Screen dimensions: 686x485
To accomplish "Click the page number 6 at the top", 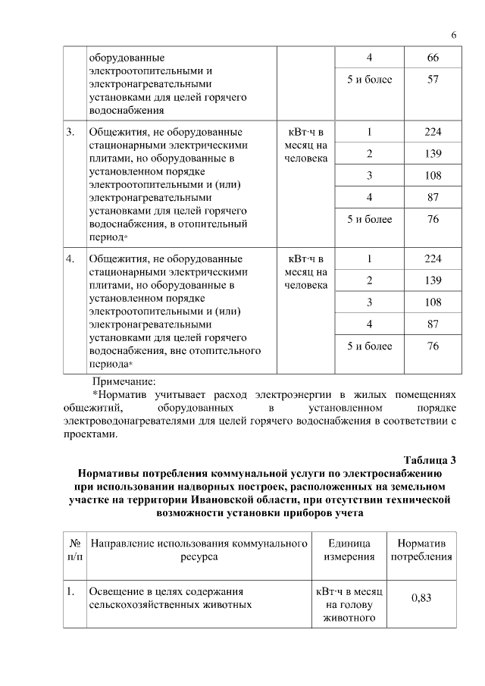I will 454,35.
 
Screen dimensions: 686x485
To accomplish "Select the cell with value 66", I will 433,58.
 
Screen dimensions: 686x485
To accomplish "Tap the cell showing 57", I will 433,79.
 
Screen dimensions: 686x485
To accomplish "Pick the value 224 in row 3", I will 433,132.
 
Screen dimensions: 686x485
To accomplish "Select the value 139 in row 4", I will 433,280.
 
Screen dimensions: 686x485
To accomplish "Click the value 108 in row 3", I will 433,176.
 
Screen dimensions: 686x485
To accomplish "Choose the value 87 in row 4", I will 433,324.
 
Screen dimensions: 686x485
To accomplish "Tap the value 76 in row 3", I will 433,220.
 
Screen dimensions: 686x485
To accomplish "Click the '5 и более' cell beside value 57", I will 369,79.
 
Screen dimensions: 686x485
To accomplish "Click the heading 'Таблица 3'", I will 430,460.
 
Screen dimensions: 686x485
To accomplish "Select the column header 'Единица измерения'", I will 349,550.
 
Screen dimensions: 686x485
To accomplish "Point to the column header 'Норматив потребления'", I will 421,550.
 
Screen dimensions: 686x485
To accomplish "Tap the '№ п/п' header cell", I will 75,550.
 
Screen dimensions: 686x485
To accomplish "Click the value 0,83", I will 421,598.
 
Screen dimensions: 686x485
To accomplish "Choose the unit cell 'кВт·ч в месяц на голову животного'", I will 349,605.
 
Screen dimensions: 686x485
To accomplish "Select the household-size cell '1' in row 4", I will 369,258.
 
